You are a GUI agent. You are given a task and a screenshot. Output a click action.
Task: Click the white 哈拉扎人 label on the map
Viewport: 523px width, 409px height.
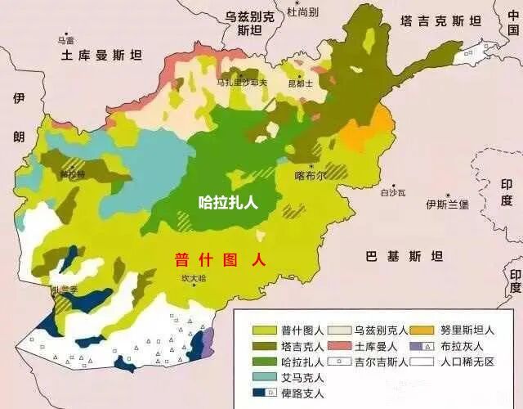[228, 202]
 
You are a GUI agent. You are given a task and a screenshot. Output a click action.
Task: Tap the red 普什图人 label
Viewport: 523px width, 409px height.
[220, 260]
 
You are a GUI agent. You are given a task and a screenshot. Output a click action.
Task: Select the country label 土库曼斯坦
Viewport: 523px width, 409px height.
[101, 56]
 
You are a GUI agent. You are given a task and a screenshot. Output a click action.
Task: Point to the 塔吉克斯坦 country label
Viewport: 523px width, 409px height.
[440, 21]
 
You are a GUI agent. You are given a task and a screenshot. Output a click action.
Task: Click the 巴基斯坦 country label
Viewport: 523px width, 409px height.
[404, 256]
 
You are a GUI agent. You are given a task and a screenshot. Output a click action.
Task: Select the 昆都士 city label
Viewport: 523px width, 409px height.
[301, 83]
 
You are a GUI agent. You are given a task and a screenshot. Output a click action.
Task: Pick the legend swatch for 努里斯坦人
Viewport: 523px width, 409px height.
[422, 331]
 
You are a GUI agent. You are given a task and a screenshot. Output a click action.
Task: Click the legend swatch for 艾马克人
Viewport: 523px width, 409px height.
[263, 378]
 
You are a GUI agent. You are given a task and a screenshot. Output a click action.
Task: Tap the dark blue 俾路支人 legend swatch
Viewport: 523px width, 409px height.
[263, 393]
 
